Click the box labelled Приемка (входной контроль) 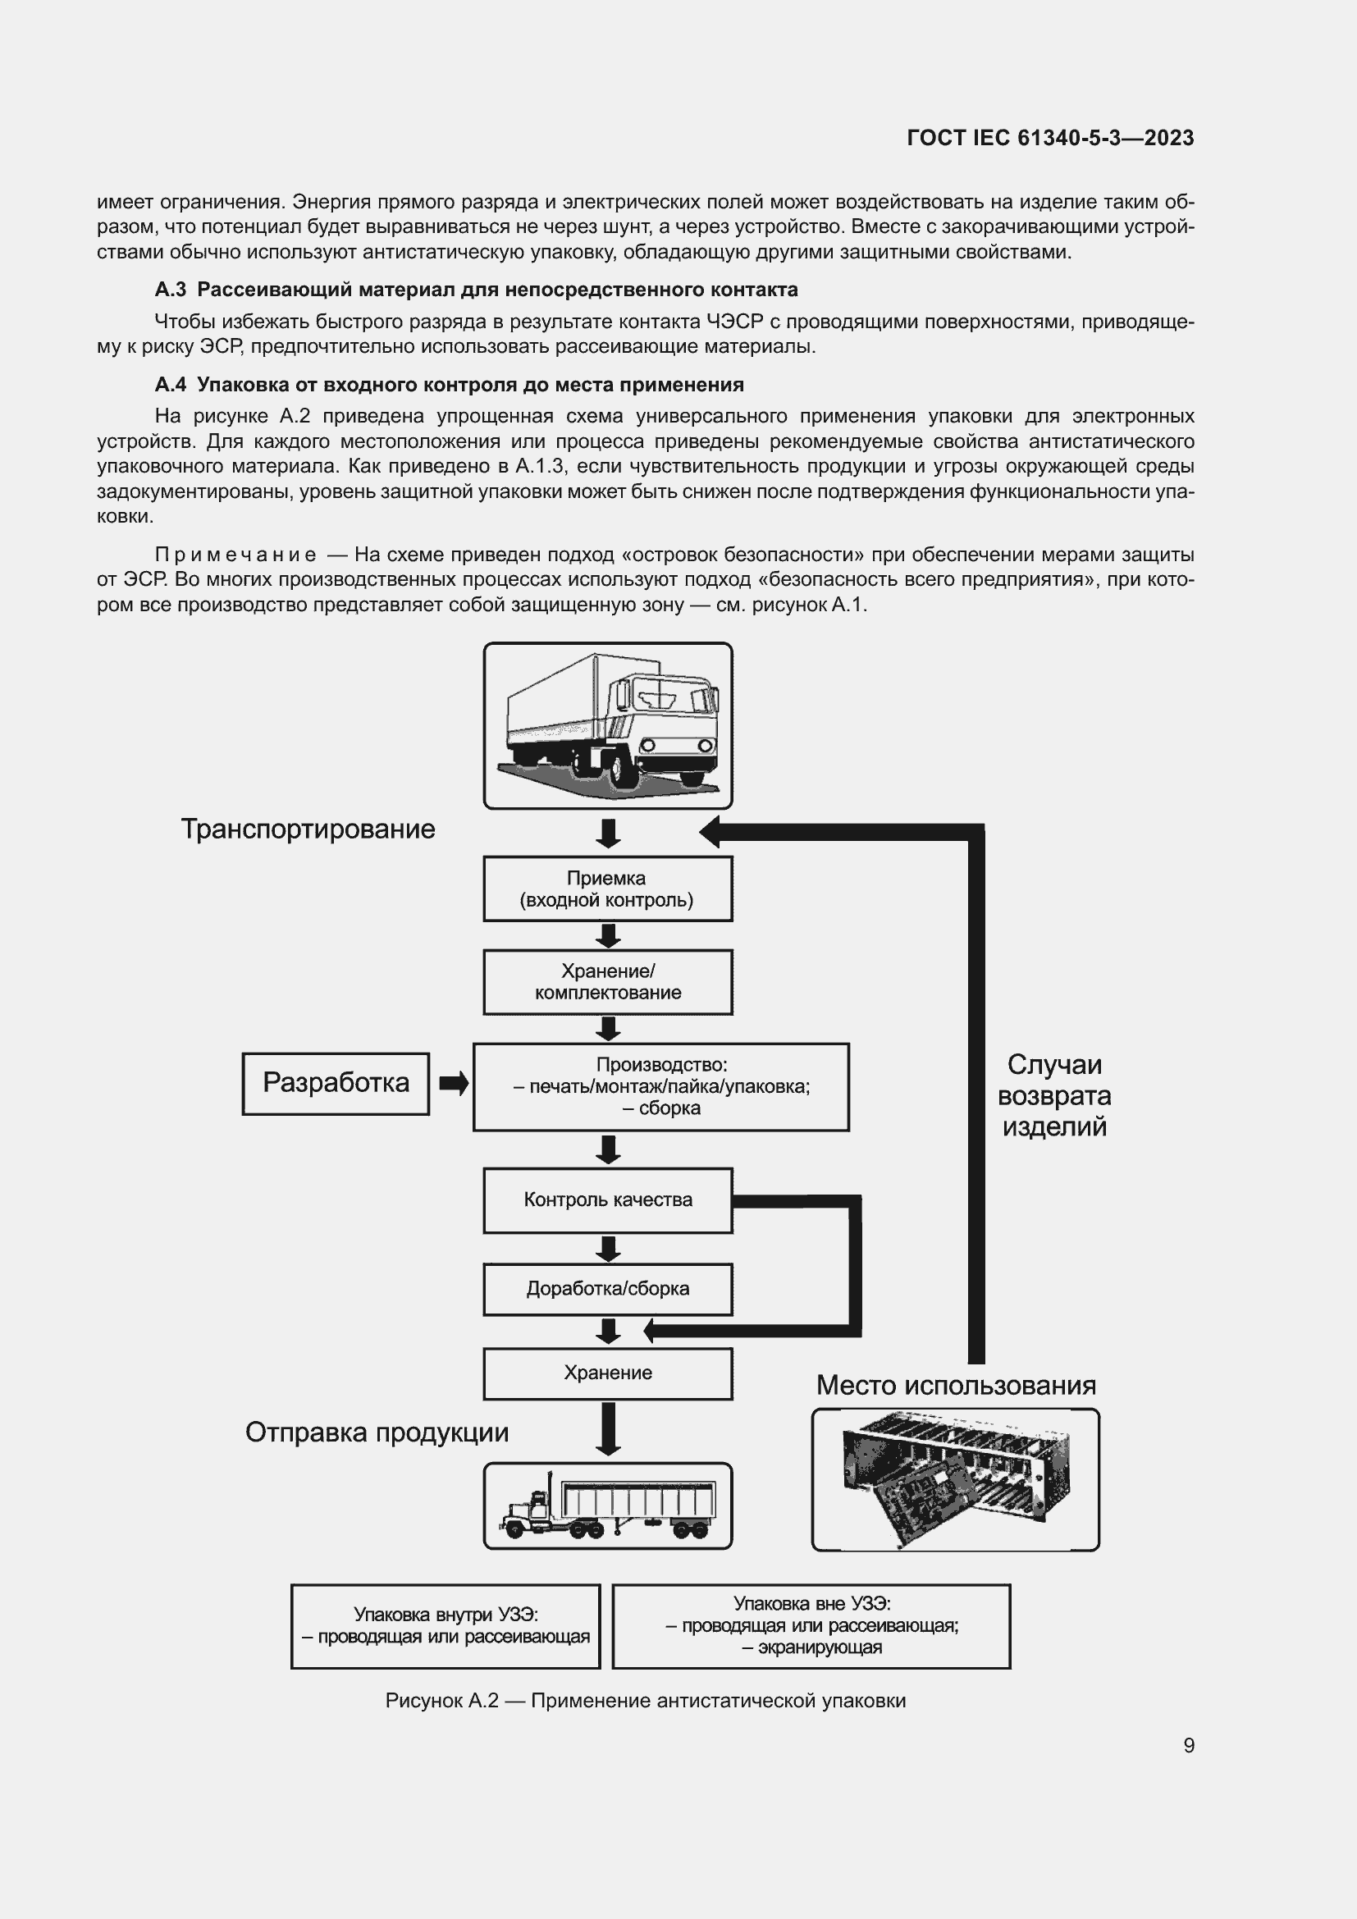(607, 889)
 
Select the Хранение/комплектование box (607, 982)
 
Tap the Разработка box (336, 1083)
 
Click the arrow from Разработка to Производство (453, 1084)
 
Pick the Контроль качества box (607, 1200)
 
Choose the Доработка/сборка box (607, 1289)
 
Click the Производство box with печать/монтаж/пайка (661, 1086)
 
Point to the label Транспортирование (308, 829)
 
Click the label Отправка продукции (377, 1432)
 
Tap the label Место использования (956, 1386)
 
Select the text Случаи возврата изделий (1054, 1096)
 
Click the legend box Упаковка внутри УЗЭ (445, 1625)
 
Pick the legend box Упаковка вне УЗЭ (811, 1625)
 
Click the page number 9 (1189, 1745)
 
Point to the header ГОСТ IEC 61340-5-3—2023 (1050, 138)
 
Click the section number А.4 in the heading (171, 385)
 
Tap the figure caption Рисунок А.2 (645, 1701)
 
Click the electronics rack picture (955, 1480)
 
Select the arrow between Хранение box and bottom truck (608, 1428)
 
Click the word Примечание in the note (235, 555)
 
